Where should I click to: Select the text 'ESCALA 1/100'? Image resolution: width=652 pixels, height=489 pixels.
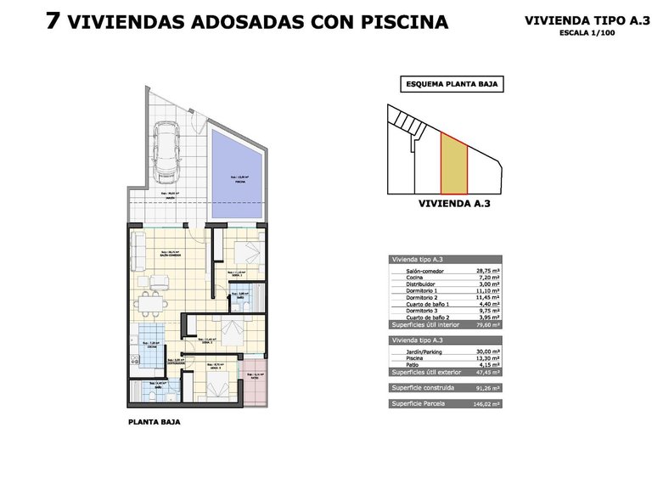[x=587, y=33]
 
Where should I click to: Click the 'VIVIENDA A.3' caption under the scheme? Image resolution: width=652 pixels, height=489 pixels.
[x=454, y=204]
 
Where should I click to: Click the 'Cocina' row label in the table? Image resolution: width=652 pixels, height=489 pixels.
[x=405, y=277]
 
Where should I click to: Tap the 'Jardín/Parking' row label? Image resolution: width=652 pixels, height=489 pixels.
[x=416, y=349]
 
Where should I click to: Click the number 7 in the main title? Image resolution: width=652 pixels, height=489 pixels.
[x=53, y=22]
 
